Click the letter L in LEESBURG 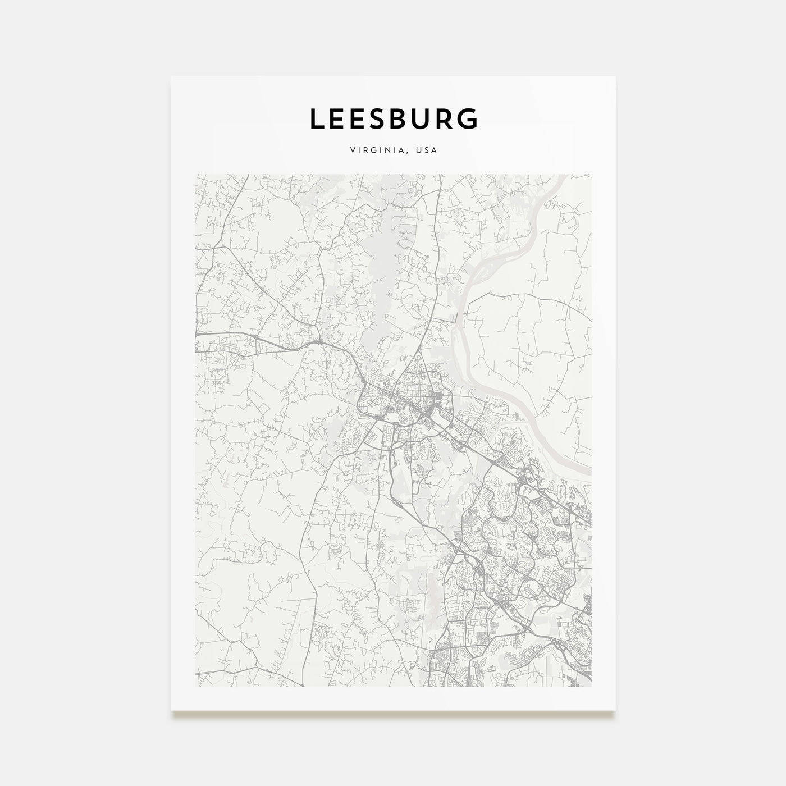coord(318,119)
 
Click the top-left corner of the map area coord(195,175)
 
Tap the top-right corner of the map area coord(591,175)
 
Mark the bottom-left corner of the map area coord(195,686)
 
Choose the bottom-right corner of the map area coord(591,686)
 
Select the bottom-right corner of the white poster coord(615,710)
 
